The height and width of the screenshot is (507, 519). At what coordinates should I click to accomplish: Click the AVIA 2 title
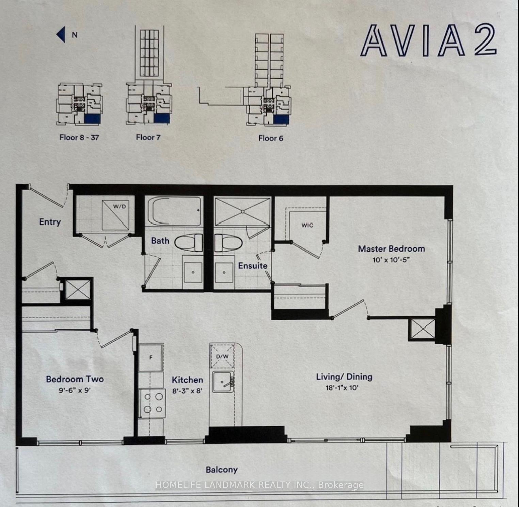click(428, 41)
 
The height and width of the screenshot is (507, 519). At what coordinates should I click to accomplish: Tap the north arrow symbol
click(61, 35)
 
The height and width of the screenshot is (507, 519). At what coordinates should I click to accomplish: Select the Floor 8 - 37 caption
click(79, 137)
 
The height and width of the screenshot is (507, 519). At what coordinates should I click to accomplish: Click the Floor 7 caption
click(148, 137)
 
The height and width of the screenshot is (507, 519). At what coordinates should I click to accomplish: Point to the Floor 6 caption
click(271, 138)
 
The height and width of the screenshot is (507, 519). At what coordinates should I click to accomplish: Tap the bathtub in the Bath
click(174, 211)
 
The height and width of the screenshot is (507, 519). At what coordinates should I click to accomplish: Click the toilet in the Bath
click(189, 243)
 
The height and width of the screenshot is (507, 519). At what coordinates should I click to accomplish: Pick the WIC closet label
click(307, 225)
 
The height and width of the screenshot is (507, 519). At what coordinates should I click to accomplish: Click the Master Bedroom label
click(391, 249)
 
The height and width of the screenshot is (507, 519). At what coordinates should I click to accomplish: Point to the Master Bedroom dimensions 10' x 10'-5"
click(391, 260)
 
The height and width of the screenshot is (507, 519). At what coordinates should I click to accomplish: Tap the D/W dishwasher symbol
click(222, 356)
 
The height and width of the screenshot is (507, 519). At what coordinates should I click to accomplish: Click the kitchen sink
click(223, 382)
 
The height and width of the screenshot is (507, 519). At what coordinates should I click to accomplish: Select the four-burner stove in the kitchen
click(152, 403)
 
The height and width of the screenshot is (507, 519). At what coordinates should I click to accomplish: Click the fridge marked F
click(151, 358)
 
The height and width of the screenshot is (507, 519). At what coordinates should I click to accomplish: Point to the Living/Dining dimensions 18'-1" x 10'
click(342, 387)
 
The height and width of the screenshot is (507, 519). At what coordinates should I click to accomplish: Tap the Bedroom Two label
click(75, 379)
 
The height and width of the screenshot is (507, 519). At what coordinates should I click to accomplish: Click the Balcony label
click(221, 470)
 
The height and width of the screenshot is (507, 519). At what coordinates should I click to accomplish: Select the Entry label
click(50, 222)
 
